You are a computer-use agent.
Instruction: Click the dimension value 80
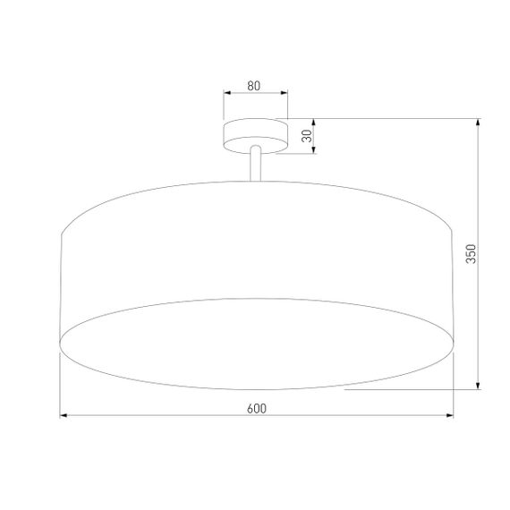[254, 86]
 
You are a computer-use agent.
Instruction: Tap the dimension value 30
[306, 136]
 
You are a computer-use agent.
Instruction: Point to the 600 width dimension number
[256, 408]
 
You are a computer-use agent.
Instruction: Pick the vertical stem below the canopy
[256, 166]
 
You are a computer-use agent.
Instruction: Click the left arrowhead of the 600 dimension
[64, 416]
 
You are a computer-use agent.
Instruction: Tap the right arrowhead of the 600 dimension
[449, 416]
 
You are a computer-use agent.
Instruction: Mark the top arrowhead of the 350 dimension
[479, 122]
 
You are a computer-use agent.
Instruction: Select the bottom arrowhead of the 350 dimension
[479, 386]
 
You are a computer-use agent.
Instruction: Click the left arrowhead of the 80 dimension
[226, 92]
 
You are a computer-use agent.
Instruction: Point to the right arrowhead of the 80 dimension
[285, 92]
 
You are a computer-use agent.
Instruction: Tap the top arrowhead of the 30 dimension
[313, 122]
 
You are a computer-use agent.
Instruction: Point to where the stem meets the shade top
[256, 181]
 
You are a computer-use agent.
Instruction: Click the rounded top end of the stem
[256, 149]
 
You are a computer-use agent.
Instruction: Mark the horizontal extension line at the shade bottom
[412, 390]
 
